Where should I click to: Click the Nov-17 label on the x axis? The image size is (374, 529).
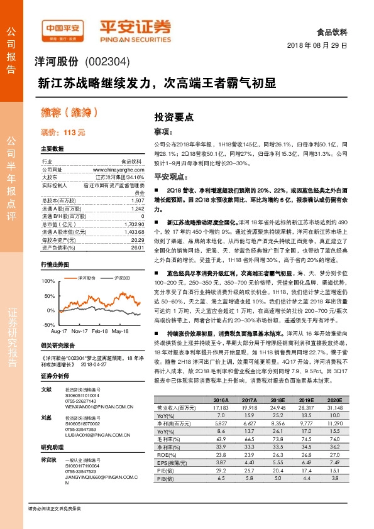79,330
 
